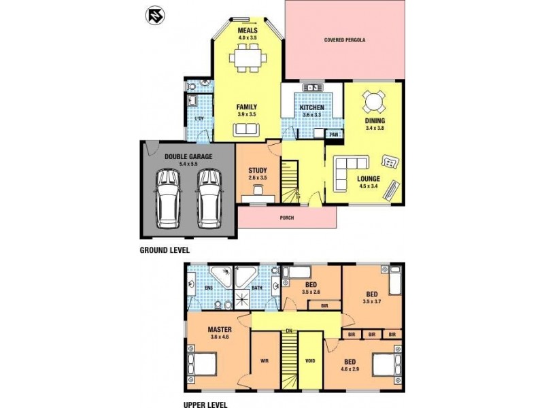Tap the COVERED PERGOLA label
345,40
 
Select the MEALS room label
248,31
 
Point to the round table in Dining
373,103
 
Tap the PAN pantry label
333,134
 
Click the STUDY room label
258,171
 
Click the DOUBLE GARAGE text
188,156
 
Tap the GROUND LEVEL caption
165,250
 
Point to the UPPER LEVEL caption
205,404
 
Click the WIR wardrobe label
265,361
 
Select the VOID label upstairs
310,361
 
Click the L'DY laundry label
199,120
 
